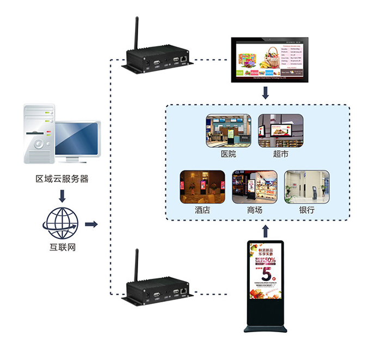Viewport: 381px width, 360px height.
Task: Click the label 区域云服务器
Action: (62, 179)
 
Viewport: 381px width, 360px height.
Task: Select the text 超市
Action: (281, 154)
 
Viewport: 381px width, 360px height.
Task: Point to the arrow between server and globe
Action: (62, 195)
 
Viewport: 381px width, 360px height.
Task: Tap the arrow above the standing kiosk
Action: (265, 230)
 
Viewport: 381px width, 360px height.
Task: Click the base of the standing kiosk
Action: (265, 328)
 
